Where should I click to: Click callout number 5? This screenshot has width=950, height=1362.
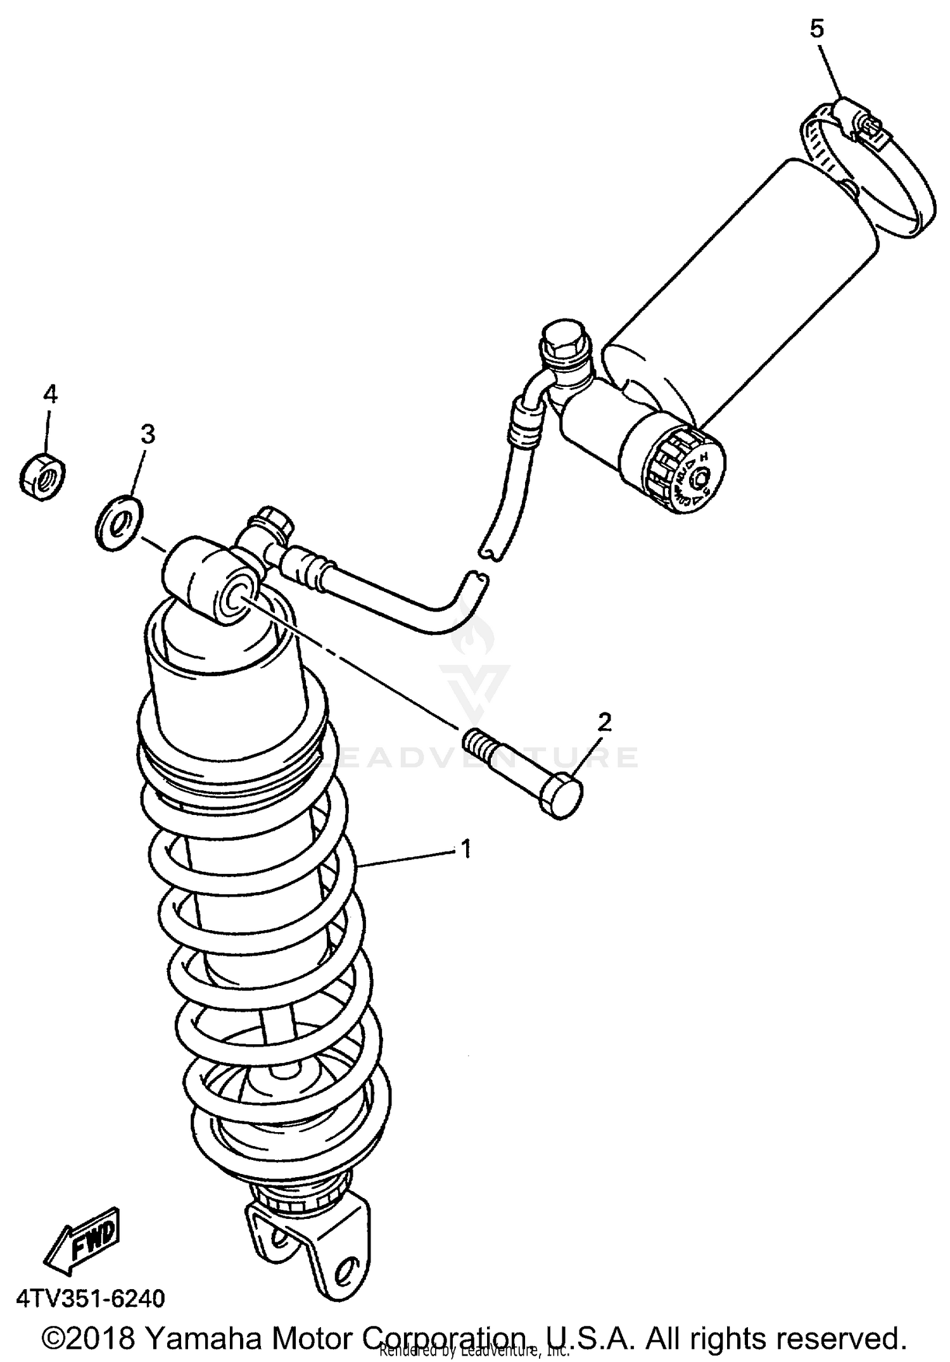[817, 29]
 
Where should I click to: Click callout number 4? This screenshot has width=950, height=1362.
[50, 394]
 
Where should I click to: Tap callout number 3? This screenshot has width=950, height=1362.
[147, 434]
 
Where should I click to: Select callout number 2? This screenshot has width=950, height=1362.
[604, 722]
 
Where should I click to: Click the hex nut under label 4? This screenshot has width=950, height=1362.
[42, 476]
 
